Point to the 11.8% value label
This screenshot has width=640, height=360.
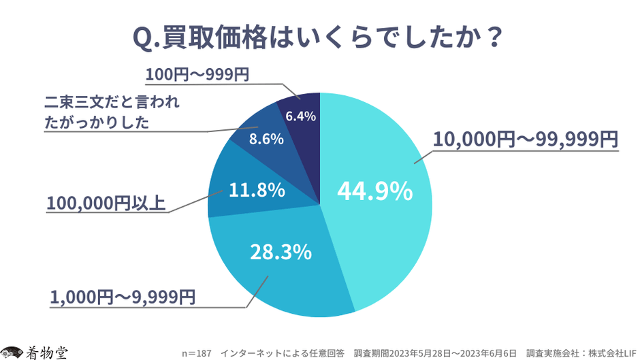click(x=256, y=191)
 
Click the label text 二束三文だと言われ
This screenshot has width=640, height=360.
click(x=112, y=104)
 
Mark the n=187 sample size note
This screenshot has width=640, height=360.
click(x=197, y=353)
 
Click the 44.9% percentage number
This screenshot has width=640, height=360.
click(x=374, y=191)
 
